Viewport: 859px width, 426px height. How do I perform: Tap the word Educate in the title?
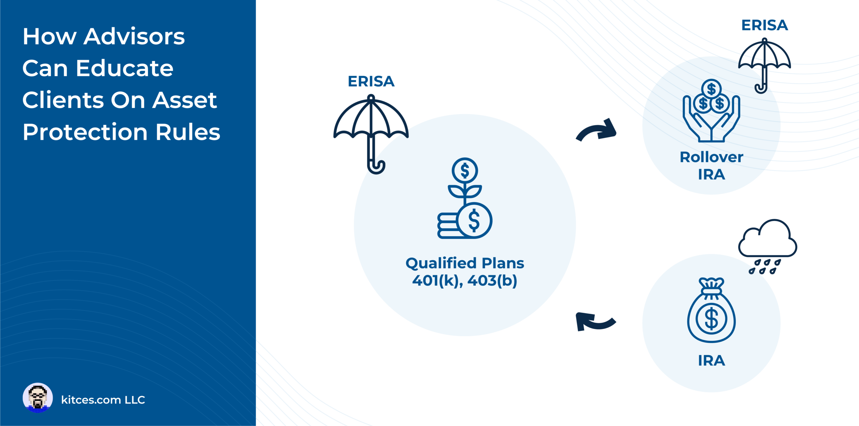(124, 68)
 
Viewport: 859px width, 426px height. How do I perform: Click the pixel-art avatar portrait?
(38, 398)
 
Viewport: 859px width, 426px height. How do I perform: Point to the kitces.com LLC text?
(103, 400)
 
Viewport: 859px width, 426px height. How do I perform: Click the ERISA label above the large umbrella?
(371, 82)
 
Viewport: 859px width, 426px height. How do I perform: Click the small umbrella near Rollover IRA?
(764, 64)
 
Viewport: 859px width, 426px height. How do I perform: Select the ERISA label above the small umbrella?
(764, 26)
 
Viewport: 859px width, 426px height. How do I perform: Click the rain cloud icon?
(767, 245)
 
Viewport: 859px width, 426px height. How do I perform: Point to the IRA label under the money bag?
(711, 361)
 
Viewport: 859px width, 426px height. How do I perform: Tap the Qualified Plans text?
(465, 263)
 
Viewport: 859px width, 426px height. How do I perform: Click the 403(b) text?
(492, 281)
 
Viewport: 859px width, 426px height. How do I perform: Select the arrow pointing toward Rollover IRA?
(597, 131)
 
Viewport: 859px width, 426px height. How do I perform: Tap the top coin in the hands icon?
(711, 89)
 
